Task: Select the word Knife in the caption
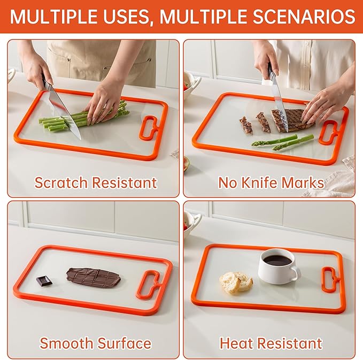[x=260, y=182]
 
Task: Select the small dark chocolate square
[x=42, y=280]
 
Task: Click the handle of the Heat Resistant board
[x=330, y=279]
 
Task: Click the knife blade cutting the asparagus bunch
[x=65, y=113]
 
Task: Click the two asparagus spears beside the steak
[x=283, y=142]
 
